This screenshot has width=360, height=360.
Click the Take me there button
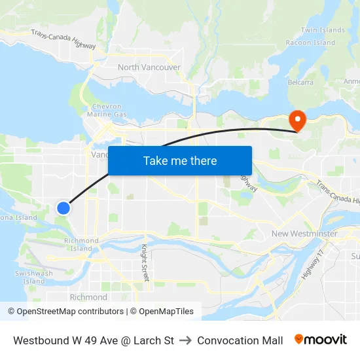coord(179,160)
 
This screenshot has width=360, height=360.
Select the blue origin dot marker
coord(63,207)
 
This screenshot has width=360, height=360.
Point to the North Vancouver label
coord(149,67)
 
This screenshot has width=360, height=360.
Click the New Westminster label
coord(304,234)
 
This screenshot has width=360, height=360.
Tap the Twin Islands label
coord(323,30)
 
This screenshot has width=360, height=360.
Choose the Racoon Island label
coord(310,43)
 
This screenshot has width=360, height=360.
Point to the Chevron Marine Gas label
coord(107,111)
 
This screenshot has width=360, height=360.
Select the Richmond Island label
coord(81,244)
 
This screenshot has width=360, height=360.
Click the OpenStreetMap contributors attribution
coord(65,312)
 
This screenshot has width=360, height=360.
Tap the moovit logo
coord(320,340)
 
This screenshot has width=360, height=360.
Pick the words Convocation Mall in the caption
coord(240,340)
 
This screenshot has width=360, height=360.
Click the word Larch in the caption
coord(149,340)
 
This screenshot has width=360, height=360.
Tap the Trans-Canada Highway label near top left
coord(63,41)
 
